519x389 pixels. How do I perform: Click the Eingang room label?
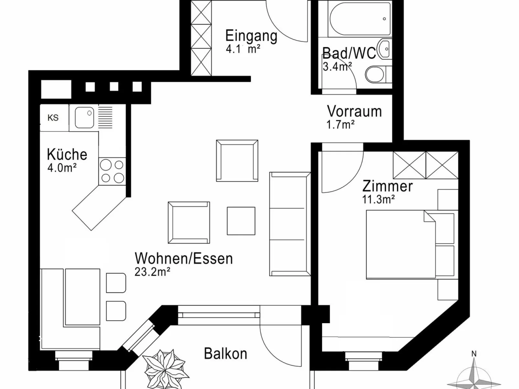tap(251, 36)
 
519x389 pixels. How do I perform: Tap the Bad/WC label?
tap(349, 53)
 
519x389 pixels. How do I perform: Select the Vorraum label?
tap(355, 111)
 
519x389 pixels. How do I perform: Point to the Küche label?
tap(67, 154)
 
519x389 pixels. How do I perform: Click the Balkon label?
tap(225, 353)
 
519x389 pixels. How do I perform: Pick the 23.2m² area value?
tap(152, 271)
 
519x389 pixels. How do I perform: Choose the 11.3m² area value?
tap(378, 200)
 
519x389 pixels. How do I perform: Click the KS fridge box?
tap(54, 118)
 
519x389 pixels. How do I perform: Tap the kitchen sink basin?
tap(84, 118)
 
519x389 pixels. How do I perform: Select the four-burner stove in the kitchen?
tap(112, 171)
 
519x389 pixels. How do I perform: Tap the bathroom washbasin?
tap(385, 49)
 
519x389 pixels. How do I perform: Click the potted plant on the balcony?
tap(166, 369)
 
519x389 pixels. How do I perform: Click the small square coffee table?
tap(241, 221)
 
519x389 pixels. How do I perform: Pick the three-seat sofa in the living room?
tap(290, 224)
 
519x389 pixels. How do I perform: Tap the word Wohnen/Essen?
tap(184, 258)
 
